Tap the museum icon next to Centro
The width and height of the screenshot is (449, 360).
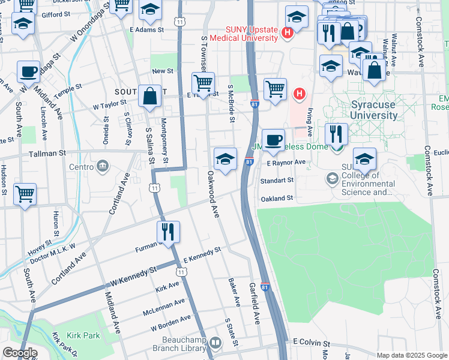(102, 166)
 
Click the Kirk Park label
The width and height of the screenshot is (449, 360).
(83, 335)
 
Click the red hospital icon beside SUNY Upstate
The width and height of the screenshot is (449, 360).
(288, 32)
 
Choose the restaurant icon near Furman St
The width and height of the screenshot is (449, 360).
(167, 232)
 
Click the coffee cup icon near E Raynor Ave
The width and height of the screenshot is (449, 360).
(273, 140)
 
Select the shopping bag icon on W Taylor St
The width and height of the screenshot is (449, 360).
(149, 96)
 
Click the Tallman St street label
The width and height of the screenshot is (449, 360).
(45, 154)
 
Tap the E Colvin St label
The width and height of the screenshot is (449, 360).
(312, 341)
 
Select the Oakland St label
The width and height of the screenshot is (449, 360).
(276, 198)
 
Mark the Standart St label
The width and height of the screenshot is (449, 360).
(277, 180)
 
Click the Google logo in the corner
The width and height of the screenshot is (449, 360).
(20, 353)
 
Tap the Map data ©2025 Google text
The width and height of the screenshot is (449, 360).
(411, 355)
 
